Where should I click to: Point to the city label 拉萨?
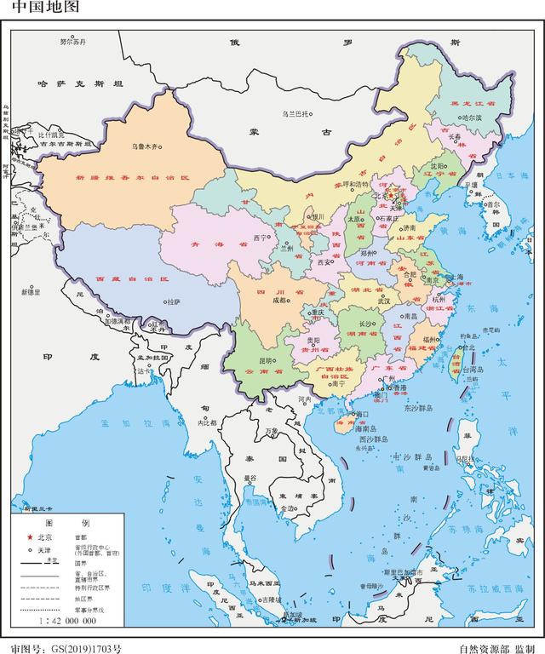point(174,301)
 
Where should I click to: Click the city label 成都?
point(279,300)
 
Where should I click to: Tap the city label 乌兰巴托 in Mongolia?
point(298,113)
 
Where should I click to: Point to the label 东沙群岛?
point(419,408)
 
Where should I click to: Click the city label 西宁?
point(261,238)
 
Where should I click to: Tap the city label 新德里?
point(32,292)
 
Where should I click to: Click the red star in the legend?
point(30,537)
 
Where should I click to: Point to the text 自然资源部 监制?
point(497,647)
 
